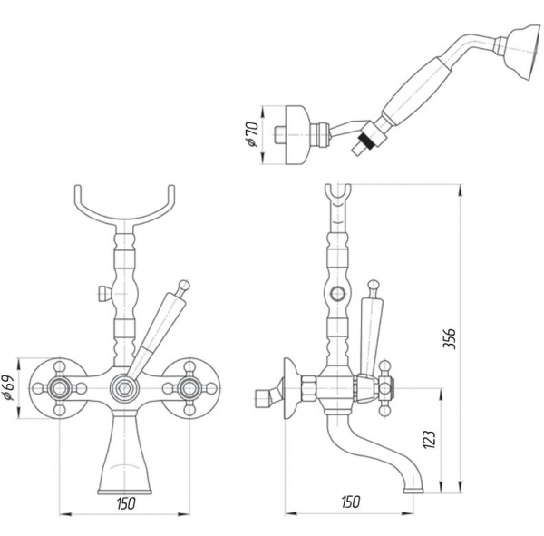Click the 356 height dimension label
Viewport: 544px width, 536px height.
449,338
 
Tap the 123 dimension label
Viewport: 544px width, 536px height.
429,439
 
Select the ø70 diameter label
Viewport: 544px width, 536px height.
253,134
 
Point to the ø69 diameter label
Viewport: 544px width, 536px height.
9,388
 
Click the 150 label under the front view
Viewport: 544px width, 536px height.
126,503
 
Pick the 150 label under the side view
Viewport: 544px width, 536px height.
350,502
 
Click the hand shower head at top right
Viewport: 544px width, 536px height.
524,53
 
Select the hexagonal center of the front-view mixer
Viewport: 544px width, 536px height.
123,388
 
